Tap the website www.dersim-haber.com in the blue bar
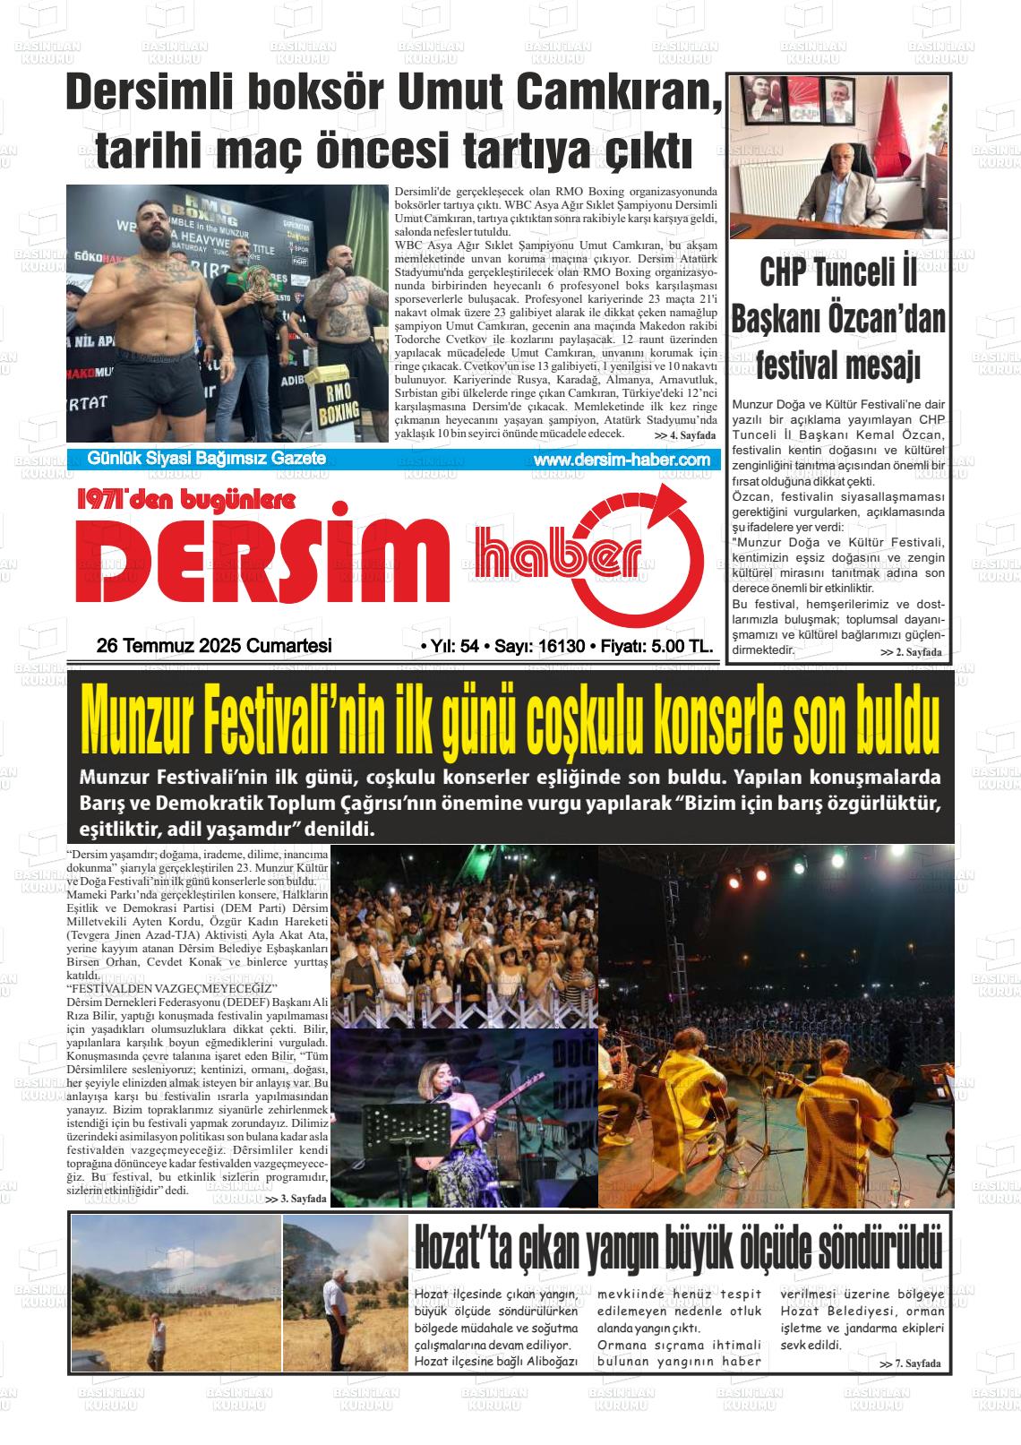coord(621,460)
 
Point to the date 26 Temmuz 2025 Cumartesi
coord(214,646)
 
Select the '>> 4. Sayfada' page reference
coord(685,435)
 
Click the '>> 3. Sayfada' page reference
coord(296,1198)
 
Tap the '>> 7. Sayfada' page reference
coord(911,1363)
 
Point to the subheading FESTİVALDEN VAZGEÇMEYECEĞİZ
coord(166,987)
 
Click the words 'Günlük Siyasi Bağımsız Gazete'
coord(206,459)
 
